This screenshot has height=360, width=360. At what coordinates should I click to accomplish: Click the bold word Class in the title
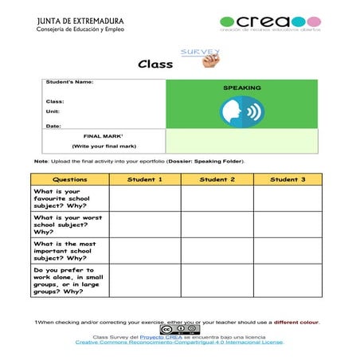(x=155, y=65)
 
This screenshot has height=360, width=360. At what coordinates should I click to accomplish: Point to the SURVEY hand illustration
(x=203, y=57)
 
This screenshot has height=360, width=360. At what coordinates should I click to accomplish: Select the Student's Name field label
(x=71, y=82)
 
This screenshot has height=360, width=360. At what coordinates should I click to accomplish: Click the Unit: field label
(x=53, y=112)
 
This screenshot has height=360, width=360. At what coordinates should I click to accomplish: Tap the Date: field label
(x=53, y=126)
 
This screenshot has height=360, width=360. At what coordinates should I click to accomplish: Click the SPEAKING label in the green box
(x=241, y=88)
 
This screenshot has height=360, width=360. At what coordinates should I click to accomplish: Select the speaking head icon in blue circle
(x=241, y=112)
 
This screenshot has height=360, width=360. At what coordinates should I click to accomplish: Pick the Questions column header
(x=70, y=180)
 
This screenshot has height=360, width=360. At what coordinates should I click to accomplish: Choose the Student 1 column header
(x=145, y=180)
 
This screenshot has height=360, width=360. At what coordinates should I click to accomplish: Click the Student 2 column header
(x=217, y=180)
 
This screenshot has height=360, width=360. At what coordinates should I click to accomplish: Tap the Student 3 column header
(x=287, y=180)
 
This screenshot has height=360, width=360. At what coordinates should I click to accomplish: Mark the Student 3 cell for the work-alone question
(x=287, y=280)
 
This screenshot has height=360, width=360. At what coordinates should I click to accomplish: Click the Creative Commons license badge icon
(x=179, y=329)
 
